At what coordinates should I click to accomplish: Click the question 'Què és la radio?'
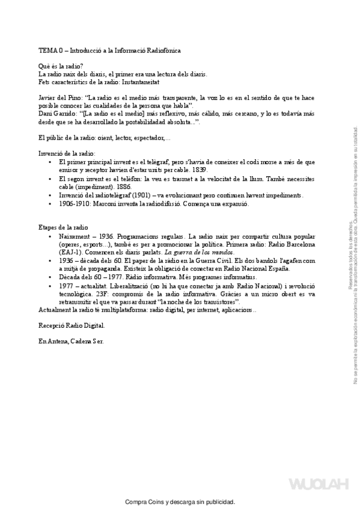click(x=61, y=66)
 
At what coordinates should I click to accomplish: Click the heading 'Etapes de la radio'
click(x=63, y=229)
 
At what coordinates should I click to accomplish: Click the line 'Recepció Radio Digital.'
click(x=71, y=325)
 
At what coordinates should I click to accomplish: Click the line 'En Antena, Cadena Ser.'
click(x=70, y=341)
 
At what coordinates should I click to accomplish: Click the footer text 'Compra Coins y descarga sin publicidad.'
click(x=180, y=502)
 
